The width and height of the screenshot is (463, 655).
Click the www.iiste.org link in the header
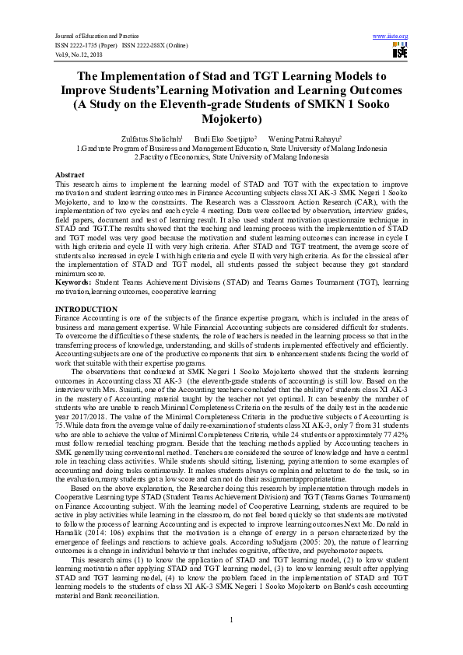391,36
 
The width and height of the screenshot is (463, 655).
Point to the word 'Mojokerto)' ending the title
231,120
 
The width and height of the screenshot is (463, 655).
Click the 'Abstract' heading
70,175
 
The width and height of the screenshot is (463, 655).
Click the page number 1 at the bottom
231,618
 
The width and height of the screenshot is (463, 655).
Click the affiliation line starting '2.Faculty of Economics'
231,156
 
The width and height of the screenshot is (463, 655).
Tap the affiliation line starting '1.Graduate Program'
231,147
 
